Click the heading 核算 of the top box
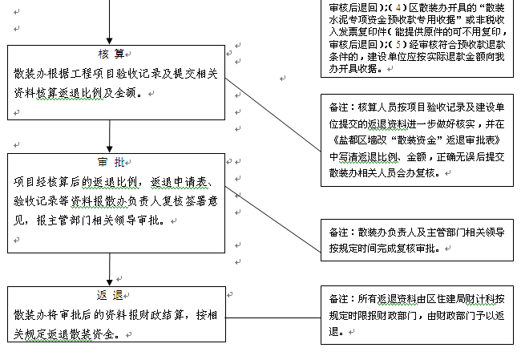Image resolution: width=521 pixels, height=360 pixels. [x=111, y=54]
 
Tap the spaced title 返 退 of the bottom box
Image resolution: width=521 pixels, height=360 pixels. [x=111, y=294]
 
